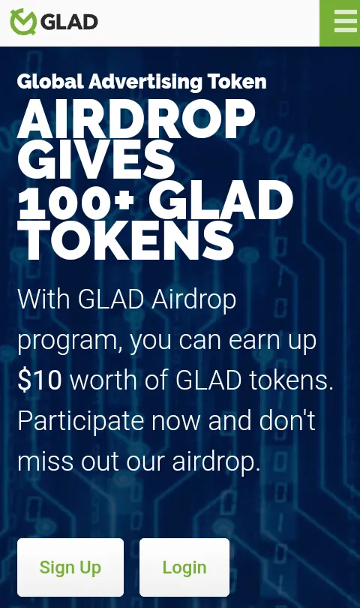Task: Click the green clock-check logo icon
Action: [x=23, y=22]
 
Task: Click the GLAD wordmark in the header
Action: [x=69, y=22]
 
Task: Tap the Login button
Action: [x=184, y=567]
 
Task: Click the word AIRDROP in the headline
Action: [x=136, y=119]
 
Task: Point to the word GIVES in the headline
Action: [x=97, y=159]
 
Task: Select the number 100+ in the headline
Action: [x=76, y=200]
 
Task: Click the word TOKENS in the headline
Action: [x=126, y=241]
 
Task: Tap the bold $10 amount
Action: [x=40, y=380]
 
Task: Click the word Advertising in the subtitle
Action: [x=145, y=82]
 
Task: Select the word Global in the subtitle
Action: [x=50, y=81]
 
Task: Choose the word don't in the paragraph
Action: [x=287, y=420]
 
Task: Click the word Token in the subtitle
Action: [x=237, y=82]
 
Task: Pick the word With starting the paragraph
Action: [x=43, y=299]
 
